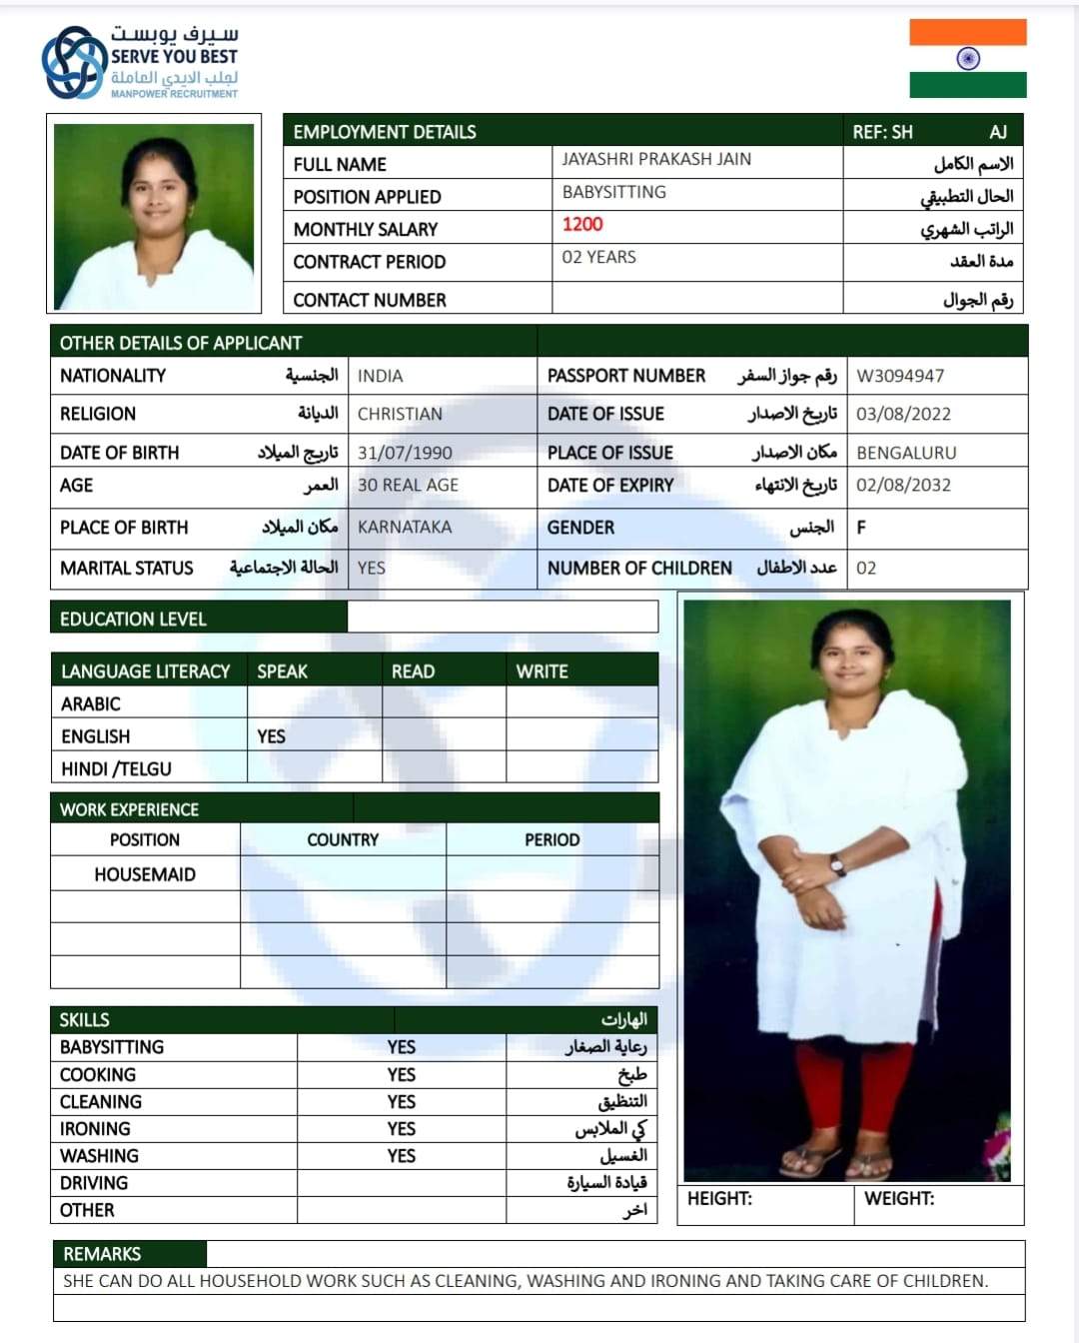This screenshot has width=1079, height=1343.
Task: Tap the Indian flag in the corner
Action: click(x=967, y=59)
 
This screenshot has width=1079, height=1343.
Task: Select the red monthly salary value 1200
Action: click(x=582, y=224)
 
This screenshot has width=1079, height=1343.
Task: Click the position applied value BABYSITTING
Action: click(x=613, y=192)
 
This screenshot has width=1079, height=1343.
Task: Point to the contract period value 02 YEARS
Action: click(x=598, y=257)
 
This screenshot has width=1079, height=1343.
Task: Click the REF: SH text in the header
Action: click(x=882, y=132)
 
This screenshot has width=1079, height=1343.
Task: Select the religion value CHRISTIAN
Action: click(x=400, y=414)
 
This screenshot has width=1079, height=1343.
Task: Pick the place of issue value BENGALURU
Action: click(x=906, y=453)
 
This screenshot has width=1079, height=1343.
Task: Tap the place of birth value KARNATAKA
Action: click(x=405, y=527)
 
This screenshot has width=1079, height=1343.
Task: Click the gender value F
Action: click(x=861, y=528)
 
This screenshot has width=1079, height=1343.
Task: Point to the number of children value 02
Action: click(x=866, y=568)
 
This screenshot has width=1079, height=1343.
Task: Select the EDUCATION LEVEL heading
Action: click(x=133, y=620)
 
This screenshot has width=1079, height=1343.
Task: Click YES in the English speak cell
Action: click(x=271, y=736)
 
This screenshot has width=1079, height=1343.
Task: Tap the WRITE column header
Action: click(x=541, y=671)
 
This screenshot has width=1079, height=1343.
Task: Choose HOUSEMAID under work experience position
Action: click(x=145, y=874)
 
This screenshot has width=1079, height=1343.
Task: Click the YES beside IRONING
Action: click(x=402, y=1128)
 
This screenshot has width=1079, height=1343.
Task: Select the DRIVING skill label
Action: click(x=94, y=1183)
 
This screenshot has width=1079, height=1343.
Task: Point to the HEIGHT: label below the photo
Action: click(x=719, y=1198)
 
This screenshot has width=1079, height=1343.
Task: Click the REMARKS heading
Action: click(x=102, y=1254)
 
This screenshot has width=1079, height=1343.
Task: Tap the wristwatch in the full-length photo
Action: click(x=837, y=866)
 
